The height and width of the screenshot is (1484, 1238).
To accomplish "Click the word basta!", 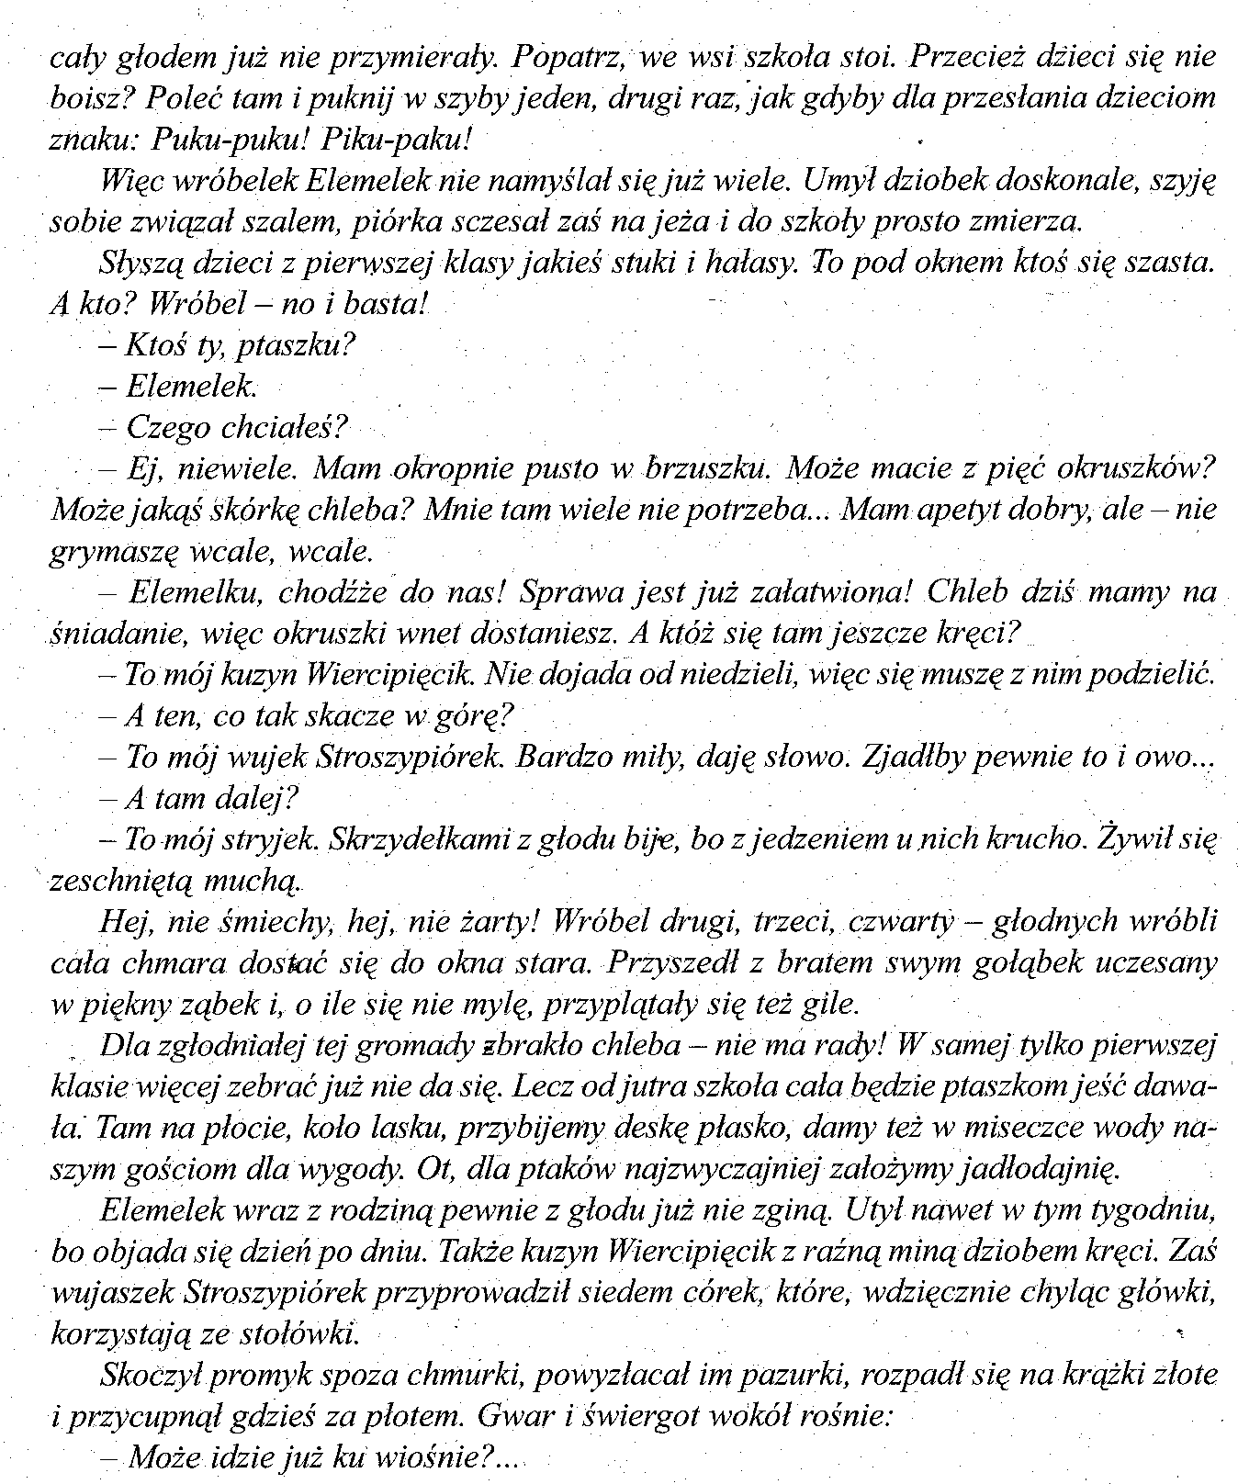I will [380, 303].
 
